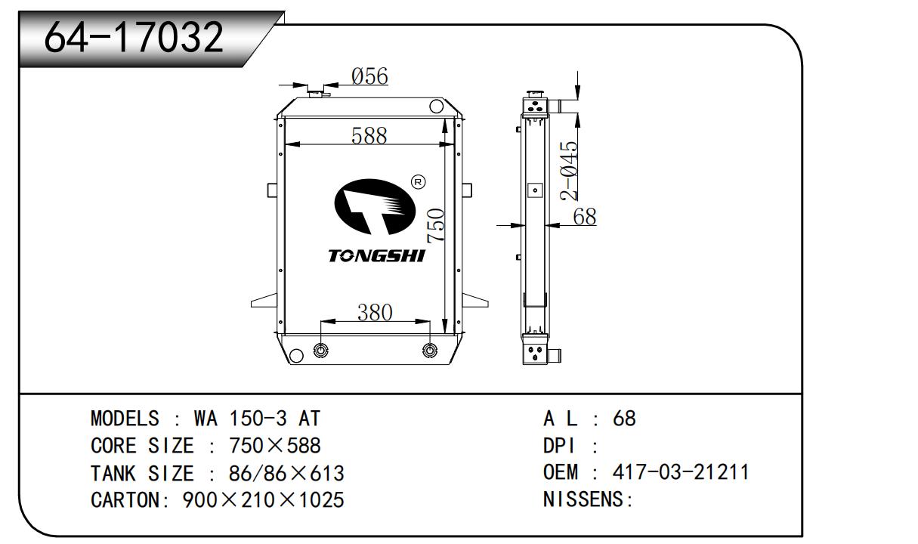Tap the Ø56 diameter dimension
[369, 76]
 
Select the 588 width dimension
[369, 135]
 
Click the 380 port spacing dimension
[375, 312]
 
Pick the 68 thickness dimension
[584, 217]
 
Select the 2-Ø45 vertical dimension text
[569, 171]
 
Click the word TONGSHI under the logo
[376, 255]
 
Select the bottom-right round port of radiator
[430, 351]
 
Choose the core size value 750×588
[264, 446]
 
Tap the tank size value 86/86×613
[286, 474]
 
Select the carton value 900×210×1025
[264, 500]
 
